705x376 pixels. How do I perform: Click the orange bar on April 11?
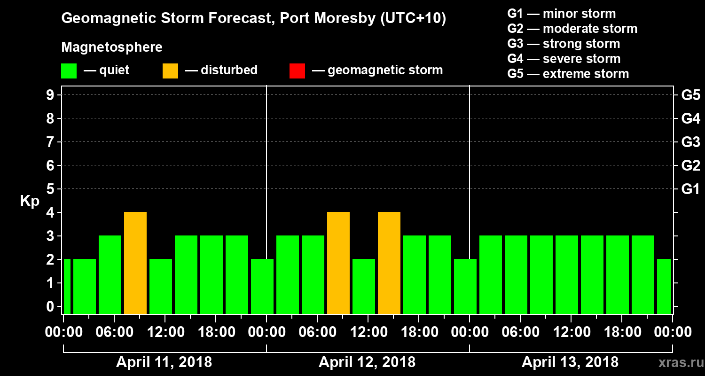click(x=135, y=263)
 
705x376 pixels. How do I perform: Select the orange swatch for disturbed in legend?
click(x=170, y=70)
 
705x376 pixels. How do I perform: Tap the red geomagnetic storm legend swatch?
click(x=297, y=70)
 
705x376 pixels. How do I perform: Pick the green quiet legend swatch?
click(x=69, y=70)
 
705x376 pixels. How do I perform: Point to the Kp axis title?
click(x=30, y=201)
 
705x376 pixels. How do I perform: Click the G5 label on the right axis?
click(x=690, y=95)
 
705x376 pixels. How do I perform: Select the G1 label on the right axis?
click(x=690, y=189)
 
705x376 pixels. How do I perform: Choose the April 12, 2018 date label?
click(x=367, y=362)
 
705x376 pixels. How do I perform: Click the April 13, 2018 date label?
click(x=570, y=362)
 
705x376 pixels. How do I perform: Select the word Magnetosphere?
click(x=112, y=47)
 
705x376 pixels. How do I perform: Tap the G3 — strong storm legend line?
click(x=564, y=44)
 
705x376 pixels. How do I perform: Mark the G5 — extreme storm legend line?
click(x=568, y=74)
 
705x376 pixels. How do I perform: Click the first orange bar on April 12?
click(x=338, y=263)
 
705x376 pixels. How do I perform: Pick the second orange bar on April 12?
click(x=389, y=263)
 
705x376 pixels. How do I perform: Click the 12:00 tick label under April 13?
click(x=570, y=332)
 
